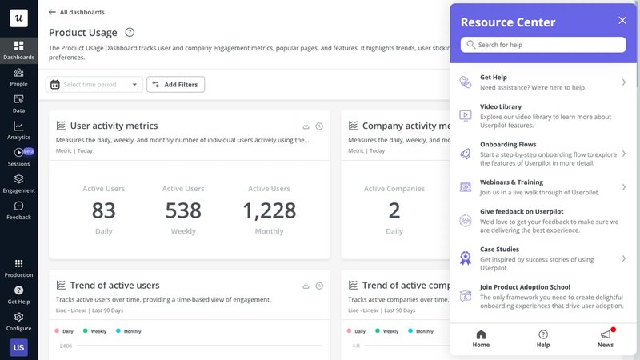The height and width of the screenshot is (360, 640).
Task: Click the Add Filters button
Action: [175, 84]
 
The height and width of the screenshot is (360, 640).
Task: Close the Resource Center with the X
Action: [622, 21]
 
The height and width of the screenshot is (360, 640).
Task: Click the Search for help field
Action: [544, 45]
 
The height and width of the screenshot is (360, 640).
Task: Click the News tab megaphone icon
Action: [606, 335]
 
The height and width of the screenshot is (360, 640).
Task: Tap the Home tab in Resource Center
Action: [481, 338]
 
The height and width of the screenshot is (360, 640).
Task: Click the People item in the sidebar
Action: [18, 77]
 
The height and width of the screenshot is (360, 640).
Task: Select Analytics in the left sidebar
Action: [18, 130]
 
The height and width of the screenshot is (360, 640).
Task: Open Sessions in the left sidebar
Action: [18, 156]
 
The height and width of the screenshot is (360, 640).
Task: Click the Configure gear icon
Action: [18, 317]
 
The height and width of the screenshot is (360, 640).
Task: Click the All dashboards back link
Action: [77, 12]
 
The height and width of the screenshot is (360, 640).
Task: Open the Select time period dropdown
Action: [94, 84]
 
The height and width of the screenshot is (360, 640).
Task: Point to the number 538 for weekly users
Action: [183, 210]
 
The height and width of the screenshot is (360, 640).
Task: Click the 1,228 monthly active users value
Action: [269, 210]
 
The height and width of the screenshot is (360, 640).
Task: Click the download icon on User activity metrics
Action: [306, 126]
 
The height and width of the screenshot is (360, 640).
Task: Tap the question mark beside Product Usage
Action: [130, 33]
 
